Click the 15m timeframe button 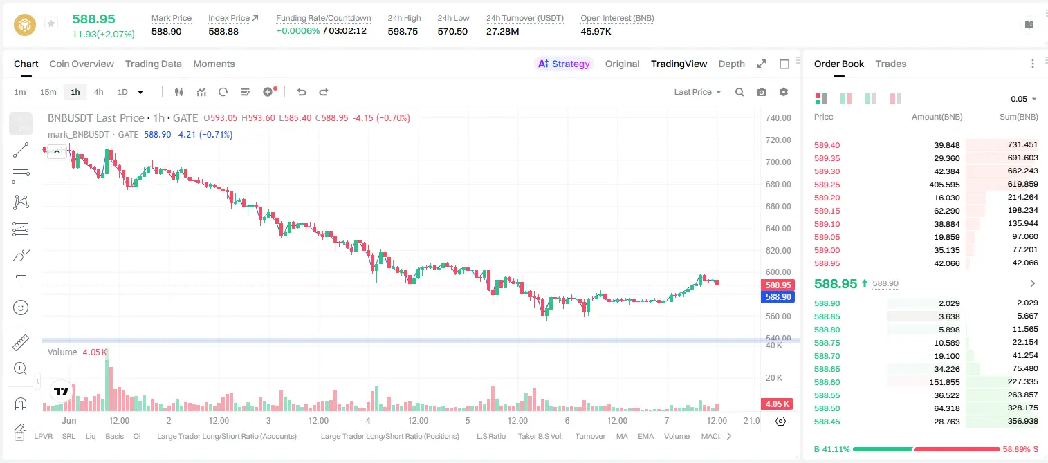pos(48,92)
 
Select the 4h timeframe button pos(98,92)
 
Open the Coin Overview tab pos(82,64)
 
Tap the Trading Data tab pos(154,64)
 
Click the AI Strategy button pos(564,64)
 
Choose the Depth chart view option pos(732,64)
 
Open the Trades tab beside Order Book pos(891,64)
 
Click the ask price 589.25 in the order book pos(827,185)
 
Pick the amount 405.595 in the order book pos(944,185)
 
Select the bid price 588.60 pos(827,382)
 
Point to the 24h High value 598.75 pos(403,31)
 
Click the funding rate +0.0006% pos(298,31)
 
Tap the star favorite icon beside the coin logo pos(51,23)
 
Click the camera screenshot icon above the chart pos(762,92)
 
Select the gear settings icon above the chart pos(784,92)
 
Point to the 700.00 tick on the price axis pos(778,162)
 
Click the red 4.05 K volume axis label pos(778,404)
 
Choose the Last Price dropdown pos(697,92)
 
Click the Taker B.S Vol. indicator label pos(540,436)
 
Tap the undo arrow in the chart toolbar pos(302,92)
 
